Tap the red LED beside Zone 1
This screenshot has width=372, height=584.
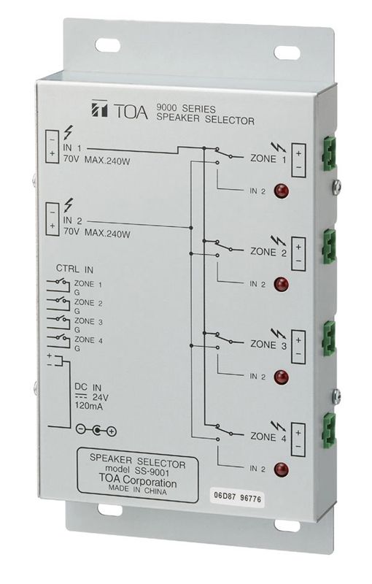point(279,193)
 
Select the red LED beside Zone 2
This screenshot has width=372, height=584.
point(279,285)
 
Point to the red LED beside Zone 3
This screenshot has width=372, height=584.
point(279,377)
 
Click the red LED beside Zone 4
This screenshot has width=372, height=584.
point(279,469)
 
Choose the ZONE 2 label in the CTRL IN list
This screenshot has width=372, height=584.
point(88,303)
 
